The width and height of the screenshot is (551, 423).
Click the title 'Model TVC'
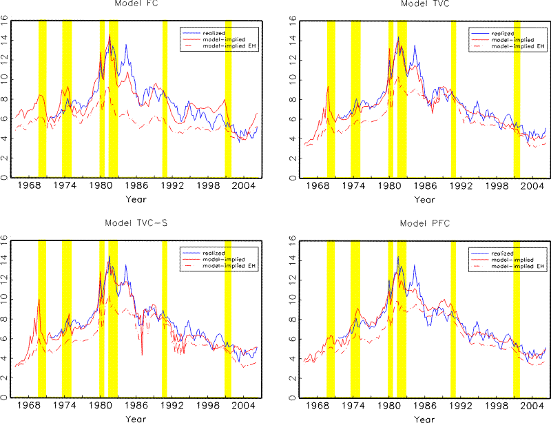point(422,4)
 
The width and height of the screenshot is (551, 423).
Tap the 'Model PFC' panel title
point(422,223)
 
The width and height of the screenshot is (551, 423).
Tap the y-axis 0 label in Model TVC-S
point(6,398)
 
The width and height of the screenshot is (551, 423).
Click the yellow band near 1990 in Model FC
point(165,99)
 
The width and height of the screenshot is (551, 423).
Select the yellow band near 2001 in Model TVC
point(517,99)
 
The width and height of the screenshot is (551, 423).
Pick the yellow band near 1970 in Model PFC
point(331,318)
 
